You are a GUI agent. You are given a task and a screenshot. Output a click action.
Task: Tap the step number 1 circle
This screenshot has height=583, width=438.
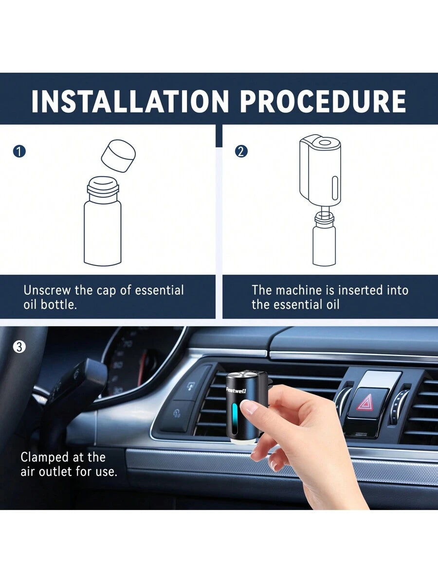point(19,151)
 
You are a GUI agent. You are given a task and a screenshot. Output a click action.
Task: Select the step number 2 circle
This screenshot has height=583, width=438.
point(241,151)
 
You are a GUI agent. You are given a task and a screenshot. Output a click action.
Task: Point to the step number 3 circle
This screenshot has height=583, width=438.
point(19,347)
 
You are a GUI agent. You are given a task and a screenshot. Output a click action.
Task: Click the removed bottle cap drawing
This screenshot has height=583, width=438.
point(118,156)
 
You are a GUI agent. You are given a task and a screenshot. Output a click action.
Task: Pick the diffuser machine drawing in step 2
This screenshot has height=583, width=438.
point(320,170)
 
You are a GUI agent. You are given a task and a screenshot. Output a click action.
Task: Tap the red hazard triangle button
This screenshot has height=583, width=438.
point(365,402)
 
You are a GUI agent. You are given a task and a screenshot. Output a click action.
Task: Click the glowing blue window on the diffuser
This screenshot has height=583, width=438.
point(235,419)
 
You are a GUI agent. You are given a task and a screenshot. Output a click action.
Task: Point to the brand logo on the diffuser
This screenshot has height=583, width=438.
point(236,390)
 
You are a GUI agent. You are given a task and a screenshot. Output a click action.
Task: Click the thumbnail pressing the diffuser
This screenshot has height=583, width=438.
point(248,408)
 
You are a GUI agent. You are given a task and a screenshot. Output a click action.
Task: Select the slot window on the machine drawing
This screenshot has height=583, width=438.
point(334,189)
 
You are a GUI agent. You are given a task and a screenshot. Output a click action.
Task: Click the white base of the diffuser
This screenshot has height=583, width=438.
point(241,441)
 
